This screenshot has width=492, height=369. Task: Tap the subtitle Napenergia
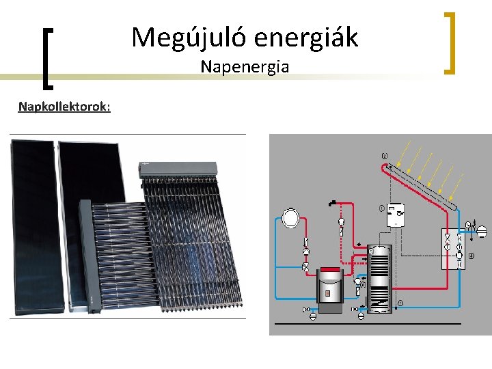(245, 67)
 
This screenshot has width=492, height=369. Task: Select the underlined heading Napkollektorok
(65, 107)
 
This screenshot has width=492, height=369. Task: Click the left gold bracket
(47, 58)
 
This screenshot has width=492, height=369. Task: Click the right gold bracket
(449, 42)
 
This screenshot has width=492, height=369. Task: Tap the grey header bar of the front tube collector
(85, 253)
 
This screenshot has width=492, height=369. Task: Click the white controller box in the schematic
(396, 215)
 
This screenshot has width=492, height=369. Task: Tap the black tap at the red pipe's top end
(331, 202)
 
